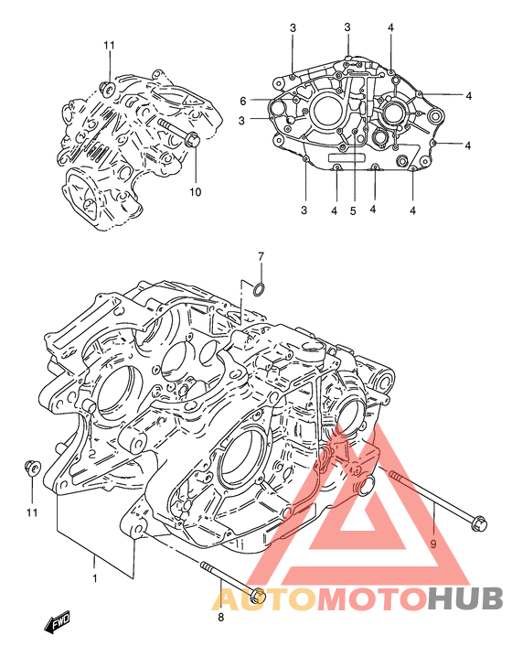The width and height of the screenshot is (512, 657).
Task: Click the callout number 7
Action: (x=261, y=256)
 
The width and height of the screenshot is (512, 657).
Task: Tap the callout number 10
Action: (x=195, y=192)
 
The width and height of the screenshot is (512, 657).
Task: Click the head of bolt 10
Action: (x=192, y=139)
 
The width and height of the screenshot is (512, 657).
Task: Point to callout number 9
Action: (x=433, y=544)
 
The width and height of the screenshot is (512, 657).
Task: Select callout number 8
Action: (x=221, y=617)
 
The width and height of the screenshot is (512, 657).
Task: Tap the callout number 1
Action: (x=95, y=578)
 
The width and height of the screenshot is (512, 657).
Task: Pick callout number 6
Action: (x=243, y=101)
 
